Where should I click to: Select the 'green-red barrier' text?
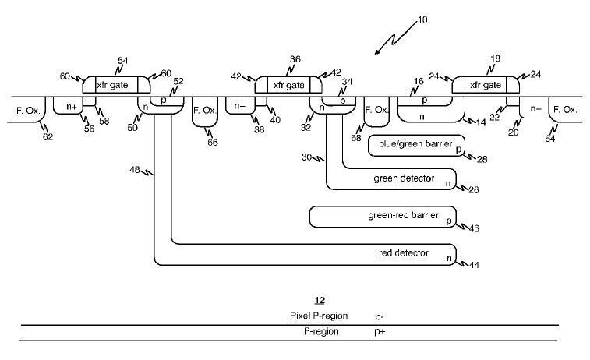(402, 215)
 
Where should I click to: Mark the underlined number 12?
(318, 300)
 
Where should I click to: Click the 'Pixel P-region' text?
(318, 316)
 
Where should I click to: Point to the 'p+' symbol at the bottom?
(380, 331)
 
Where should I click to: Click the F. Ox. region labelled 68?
(376, 111)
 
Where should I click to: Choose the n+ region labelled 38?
(238, 106)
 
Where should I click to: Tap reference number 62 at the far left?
(48, 139)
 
